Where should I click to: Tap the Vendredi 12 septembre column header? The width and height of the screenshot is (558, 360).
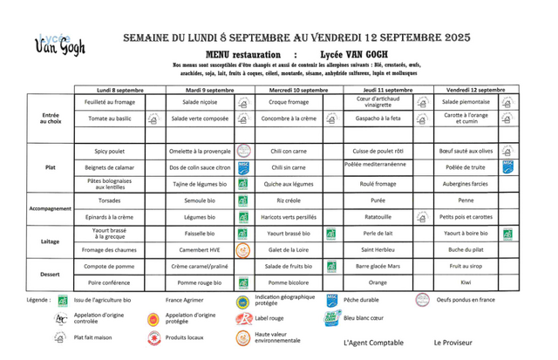pos(475,90)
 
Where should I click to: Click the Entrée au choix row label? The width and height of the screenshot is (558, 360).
pos(49,119)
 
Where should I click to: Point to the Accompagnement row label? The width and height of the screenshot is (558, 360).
pos(50,208)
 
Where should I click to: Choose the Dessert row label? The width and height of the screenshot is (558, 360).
pos(50,274)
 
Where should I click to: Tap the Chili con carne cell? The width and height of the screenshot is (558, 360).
pos(288,150)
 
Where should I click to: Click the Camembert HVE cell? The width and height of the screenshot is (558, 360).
pos(199,249)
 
